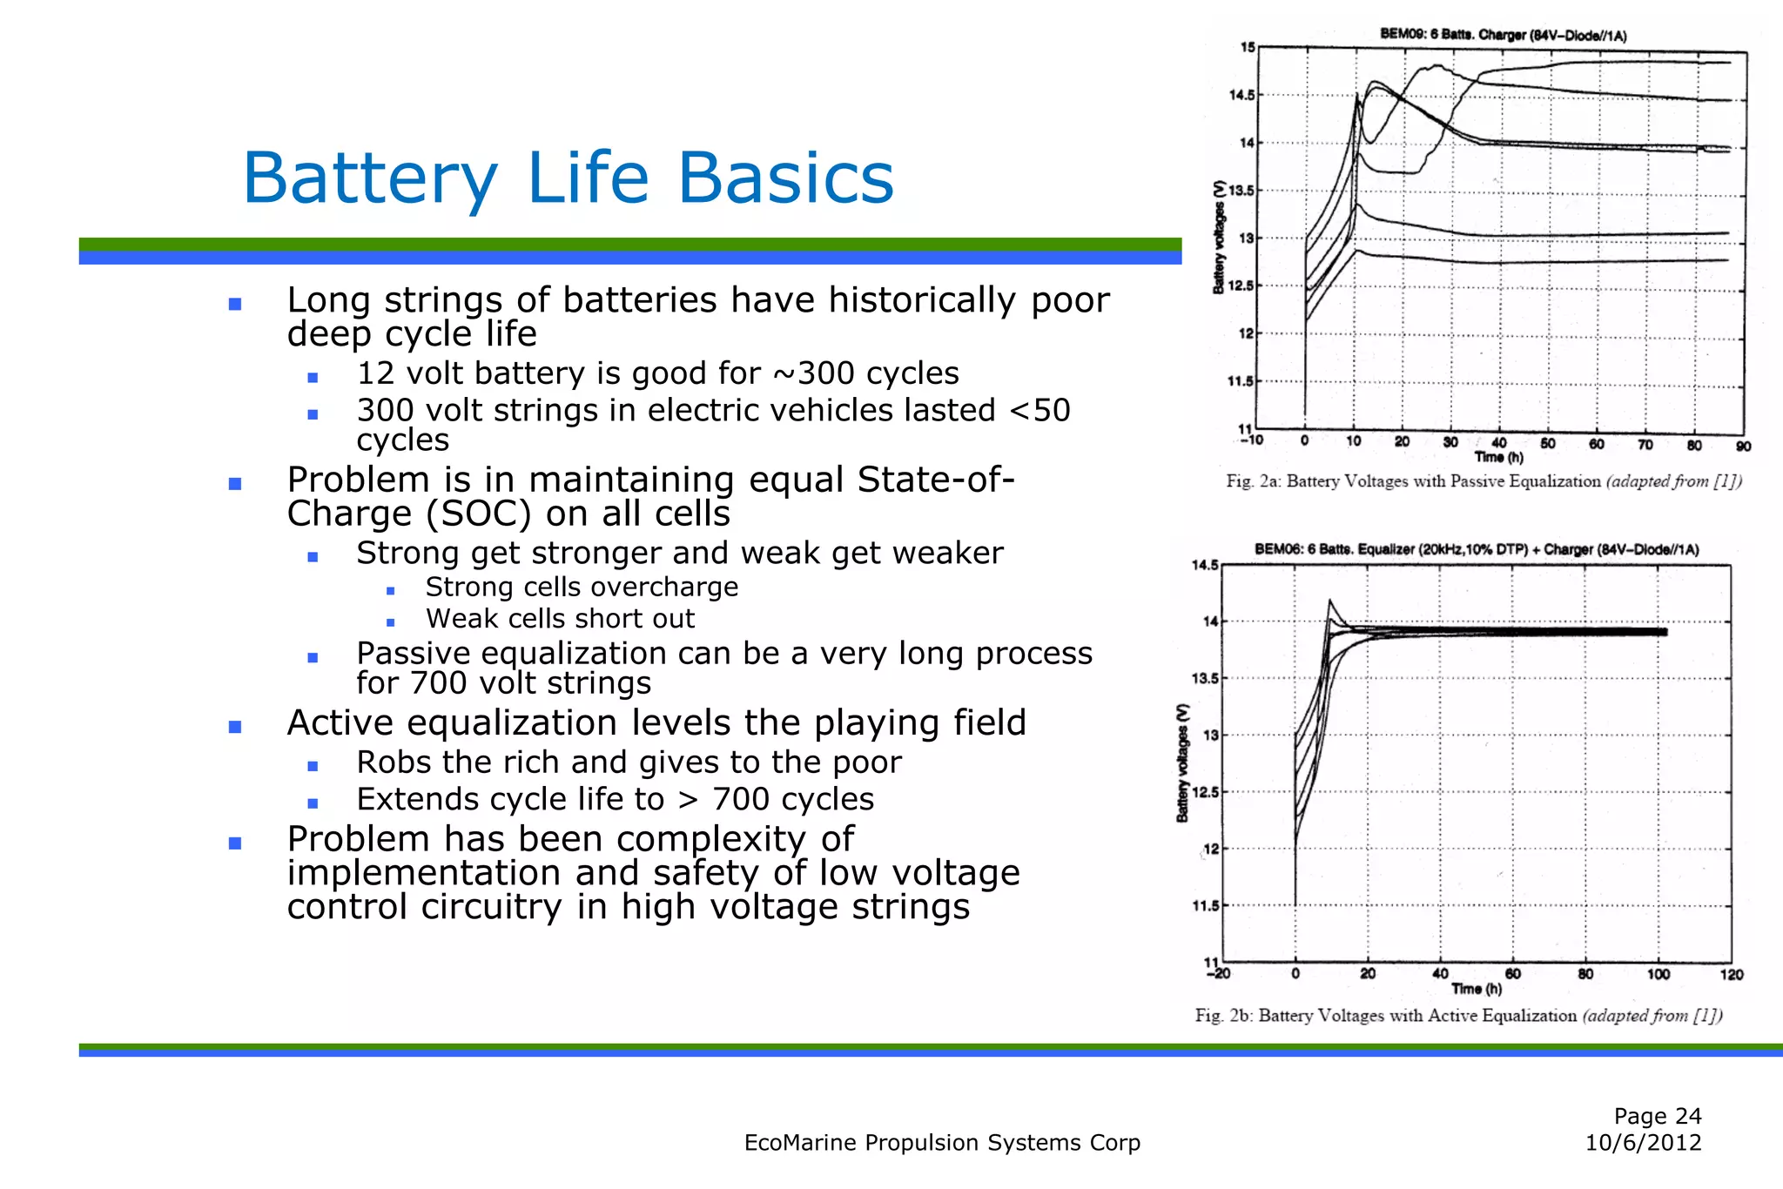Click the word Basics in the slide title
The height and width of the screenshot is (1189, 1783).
click(x=785, y=178)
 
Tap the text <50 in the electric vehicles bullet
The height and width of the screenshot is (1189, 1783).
click(x=1040, y=410)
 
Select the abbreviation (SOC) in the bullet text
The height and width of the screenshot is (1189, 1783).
click(x=478, y=514)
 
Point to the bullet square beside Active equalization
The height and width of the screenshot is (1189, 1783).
click(x=234, y=727)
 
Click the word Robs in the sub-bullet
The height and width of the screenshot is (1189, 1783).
click(x=394, y=762)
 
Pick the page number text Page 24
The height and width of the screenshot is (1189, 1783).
click(x=1657, y=1116)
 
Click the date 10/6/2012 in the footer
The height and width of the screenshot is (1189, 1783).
click(x=1643, y=1143)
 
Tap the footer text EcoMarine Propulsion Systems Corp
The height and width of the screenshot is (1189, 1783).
click(x=942, y=1143)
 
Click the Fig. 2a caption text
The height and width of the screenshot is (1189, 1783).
click(x=1484, y=481)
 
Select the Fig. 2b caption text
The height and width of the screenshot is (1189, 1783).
click(x=1458, y=1016)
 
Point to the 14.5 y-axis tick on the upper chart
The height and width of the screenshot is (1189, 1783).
click(x=1241, y=96)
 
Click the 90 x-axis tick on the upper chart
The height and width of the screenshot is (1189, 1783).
click(x=1743, y=447)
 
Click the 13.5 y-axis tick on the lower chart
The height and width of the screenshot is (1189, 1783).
click(x=1205, y=679)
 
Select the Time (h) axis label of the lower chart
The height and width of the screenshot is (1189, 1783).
click(x=1477, y=989)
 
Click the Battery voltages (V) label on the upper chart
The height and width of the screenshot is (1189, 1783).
click(x=1220, y=238)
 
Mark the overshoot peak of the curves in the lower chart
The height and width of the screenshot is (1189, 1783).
click(x=1329, y=601)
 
